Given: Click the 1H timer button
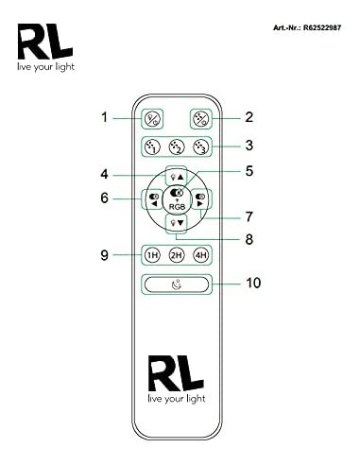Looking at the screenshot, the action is [x=152, y=255].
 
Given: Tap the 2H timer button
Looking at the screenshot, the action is [x=177, y=255].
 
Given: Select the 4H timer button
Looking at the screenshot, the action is [x=200, y=255].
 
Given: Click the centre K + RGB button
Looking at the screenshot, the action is [x=177, y=199].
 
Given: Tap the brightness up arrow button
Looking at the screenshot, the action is [x=177, y=177].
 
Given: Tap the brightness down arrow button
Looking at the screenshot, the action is [x=177, y=223].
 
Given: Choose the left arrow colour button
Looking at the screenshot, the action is [x=153, y=199].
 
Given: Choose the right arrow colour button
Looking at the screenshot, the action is [x=200, y=199].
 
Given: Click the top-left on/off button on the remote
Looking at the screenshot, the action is [x=152, y=119].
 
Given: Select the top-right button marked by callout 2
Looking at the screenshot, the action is [x=201, y=119].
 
